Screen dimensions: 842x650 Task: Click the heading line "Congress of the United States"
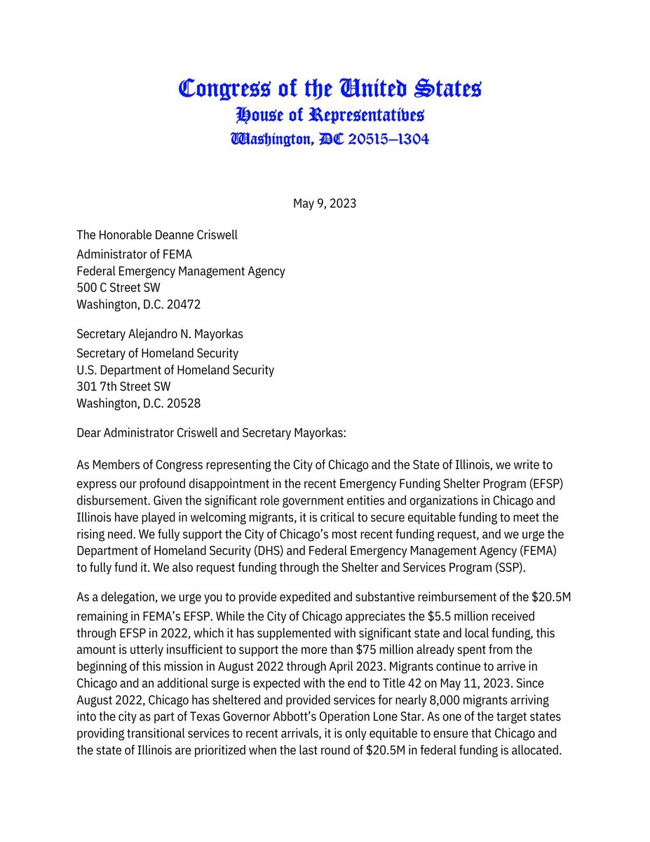(330, 88)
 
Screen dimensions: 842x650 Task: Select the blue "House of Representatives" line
(330, 114)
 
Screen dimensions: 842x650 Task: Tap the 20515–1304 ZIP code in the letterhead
(385, 139)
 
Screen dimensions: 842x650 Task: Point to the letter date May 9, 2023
(325, 203)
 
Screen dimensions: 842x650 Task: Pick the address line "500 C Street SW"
(123, 287)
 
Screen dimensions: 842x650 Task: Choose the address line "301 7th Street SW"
(123, 386)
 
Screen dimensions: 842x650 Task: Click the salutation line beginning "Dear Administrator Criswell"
(211, 433)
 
